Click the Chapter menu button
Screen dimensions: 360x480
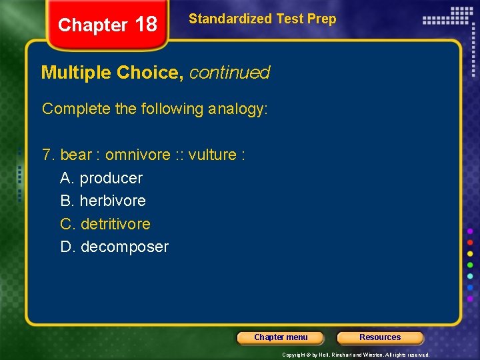(x=281, y=337)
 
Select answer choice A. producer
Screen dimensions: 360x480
(x=101, y=178)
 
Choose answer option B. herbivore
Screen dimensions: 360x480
(x=103, y=201)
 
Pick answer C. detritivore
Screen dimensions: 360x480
(x=105, y=224)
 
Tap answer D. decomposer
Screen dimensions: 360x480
(x=114, y=247)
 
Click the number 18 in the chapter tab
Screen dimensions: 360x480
(x=145, y=25)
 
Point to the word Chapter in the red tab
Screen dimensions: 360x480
(x=92, y=25)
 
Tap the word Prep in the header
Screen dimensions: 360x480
(x=321, y=19)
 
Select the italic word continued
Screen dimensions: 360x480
(x=229, y=72)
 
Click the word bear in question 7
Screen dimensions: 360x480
(x=76, y=155)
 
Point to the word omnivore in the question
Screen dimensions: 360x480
(x=138, y=155)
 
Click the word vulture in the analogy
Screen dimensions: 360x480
(x=212, y=155)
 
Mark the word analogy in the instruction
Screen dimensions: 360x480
(x=237, y=109)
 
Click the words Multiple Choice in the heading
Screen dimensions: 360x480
(x=112, y=72)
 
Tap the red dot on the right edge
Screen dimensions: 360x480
(x=470, y=242)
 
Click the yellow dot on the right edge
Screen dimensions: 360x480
(x=470, y=253)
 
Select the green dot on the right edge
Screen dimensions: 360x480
(x=470, y=265)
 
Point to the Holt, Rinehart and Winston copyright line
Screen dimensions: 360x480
(x=355, y=355)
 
